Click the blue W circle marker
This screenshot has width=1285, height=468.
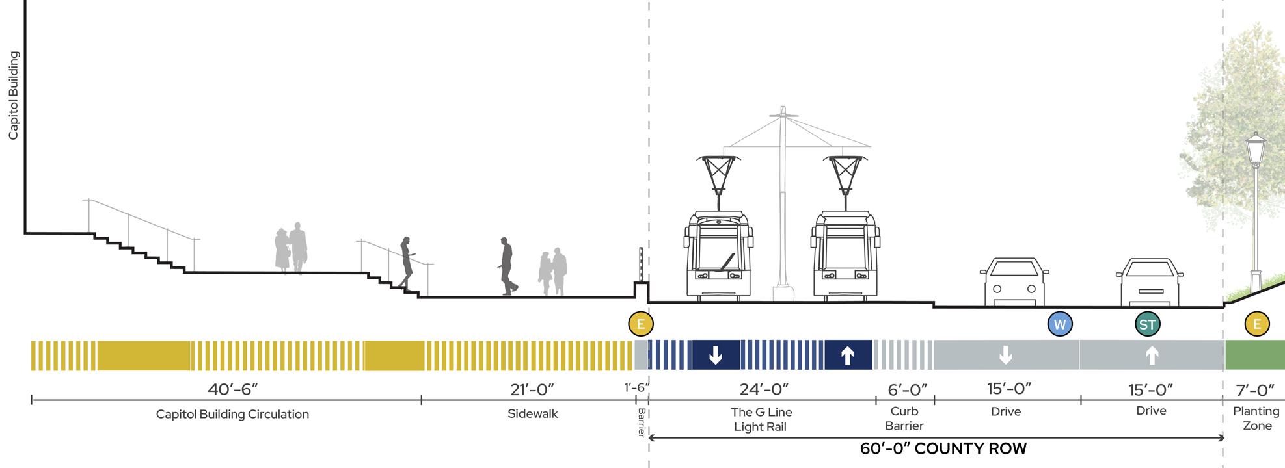(x=1060, y=324)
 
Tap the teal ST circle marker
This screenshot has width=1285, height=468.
(x=1147, y=324)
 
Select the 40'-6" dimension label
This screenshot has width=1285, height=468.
(x=233, y=389)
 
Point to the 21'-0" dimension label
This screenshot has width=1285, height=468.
(x=532, y=389)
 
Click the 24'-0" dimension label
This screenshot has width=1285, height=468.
(x=764, y=389)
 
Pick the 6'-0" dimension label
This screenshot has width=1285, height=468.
(x=908, y=389)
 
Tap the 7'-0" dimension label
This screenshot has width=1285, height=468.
(x=1255, y=389)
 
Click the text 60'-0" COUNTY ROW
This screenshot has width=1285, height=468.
(x=943, y=448)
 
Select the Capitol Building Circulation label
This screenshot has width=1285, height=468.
(x=232, y=414)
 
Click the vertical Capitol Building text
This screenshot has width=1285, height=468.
(x=13, y=96)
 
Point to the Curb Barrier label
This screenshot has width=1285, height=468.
(x=904, y=418)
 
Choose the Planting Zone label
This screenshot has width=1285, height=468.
(x=1256, y=418)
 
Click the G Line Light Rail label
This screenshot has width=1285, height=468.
(x=761, y=419)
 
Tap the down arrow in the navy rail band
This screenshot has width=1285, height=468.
(x=716, y=356)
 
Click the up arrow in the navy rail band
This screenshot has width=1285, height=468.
(x=847, y=356)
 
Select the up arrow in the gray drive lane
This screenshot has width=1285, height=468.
(x=1152, y=356)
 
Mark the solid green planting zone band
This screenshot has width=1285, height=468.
(x=1254, y=356)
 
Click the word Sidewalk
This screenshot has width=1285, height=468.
(x=533, y=414)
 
